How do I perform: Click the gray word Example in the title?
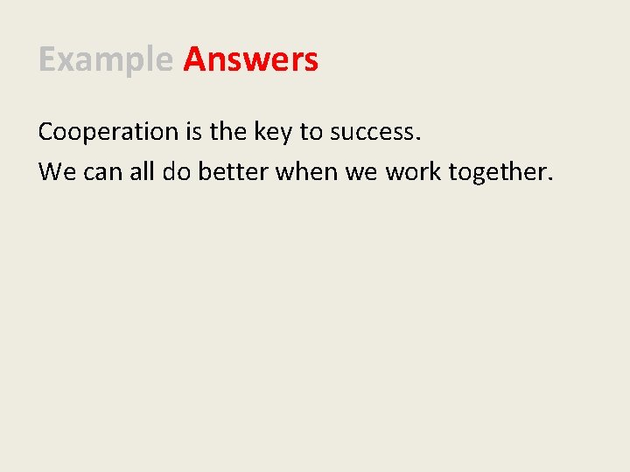[106, 60]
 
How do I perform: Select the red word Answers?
[251, 60]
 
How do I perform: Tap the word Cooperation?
[108, 133]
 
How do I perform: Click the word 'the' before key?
[227, 132]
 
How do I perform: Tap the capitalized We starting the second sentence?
[57, 172]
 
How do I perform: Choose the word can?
[105, 172]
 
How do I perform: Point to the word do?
[178, 171]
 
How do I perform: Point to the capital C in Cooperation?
[46, 133]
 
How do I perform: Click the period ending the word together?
[550, 178]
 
